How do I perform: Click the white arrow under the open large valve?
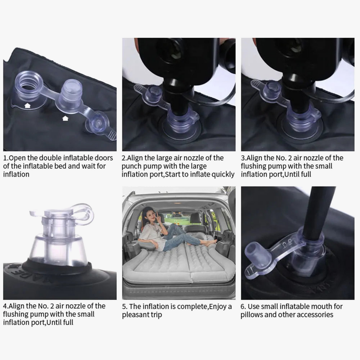27,105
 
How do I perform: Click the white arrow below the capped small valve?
65,118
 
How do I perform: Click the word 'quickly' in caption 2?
223,175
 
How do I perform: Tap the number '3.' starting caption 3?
243,158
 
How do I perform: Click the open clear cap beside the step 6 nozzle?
254,252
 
